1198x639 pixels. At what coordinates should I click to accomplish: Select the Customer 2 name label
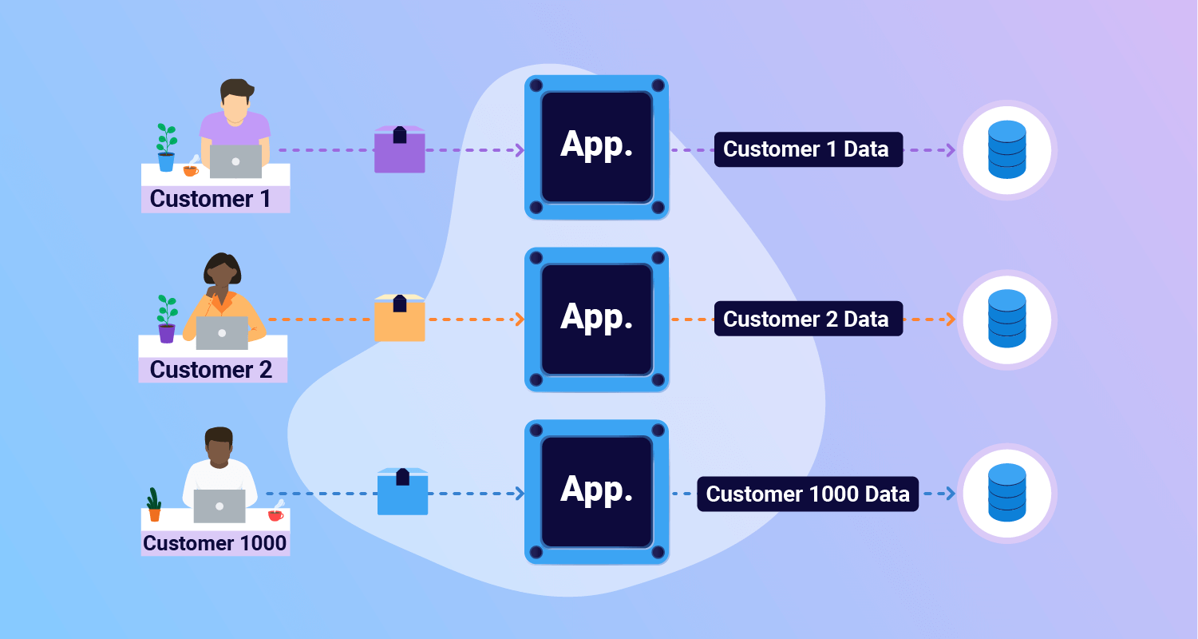[x=212, y=370]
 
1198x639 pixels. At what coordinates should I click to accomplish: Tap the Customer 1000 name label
[x=215, y=544]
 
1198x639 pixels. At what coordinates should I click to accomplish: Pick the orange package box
[x=399, y=319]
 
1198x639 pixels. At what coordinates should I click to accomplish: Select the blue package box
[x=402, y=493]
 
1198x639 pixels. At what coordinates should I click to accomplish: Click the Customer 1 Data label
[x=807, y=149]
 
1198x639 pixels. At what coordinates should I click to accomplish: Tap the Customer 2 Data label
[x=807, y=319]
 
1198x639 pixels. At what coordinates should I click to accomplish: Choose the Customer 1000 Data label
[x=808, y=494]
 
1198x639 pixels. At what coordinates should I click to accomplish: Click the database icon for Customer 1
[x=1006, y=149]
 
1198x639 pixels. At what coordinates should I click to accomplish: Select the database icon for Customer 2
[x=1006, y=319]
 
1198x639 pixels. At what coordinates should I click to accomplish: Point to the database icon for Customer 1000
[x=1006, y=493]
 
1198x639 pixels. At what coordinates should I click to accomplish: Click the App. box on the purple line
[x=596, y=147]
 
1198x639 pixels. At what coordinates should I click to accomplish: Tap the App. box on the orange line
[x=596, y=319]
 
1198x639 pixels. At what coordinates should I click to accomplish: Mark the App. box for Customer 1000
[x=596, y=491]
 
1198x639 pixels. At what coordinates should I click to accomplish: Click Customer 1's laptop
[x=235, y=161]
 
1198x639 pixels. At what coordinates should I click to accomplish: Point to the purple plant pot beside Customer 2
[x=167, y=333]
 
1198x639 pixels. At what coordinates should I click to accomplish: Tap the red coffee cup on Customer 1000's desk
[x=276, y=515]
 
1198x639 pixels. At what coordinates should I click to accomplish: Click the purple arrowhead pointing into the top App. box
[x=520, y=150]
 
